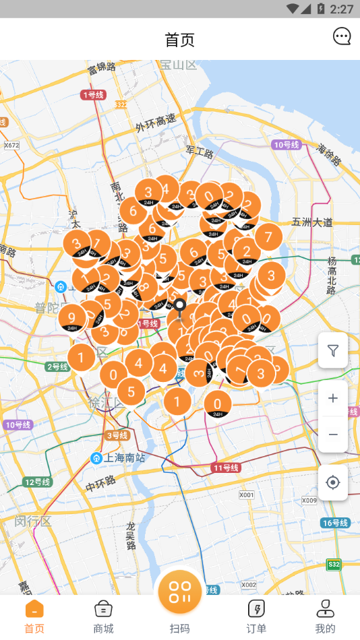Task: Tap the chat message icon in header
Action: [x=342, y=36]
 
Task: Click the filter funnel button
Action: [x=333, y=350]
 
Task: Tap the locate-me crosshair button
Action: [x=333, y=482]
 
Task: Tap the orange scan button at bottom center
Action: [x=180, y=591]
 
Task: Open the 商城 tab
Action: [x=103, y=616]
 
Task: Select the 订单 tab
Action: [x=256, y=616]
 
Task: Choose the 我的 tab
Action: [x=325, y=616]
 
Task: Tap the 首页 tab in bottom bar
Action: [x=34, y=616]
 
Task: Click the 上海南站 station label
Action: [x=124, y=458]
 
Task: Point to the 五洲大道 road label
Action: [x=312, y=222]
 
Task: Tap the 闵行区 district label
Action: [x=33, y=521]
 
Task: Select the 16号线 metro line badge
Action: [x=335, y=523]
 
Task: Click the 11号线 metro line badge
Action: [x=227, y=468]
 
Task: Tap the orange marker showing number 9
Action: [x=72, y=317]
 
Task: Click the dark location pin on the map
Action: [x=180, y=308]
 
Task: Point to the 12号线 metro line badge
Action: [x=38, y=482]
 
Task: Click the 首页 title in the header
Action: [x=179, y=39]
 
